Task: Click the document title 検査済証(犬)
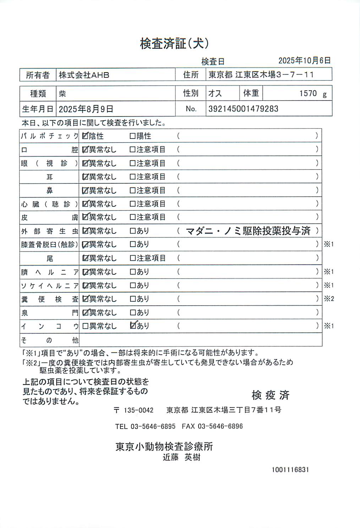[x=174, y=43]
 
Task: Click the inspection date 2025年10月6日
[x=304, y=60]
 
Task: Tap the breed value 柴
[x=62, y=94]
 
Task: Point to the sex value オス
[x=215, y=93]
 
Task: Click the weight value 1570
[x=308, y=93]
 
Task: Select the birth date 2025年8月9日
[x=86, y=109]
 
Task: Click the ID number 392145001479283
[x=243, y=109]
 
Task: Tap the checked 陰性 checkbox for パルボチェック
[x=85, y=136]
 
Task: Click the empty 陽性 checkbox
[x=132, y=136]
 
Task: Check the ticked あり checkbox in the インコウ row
[x=133, y=325]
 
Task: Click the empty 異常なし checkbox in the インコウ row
[x=85, y=326]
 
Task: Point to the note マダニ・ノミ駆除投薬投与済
[x=248, y=231]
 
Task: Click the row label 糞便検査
[x=49, y=299]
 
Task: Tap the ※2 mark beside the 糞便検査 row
[x=329, y=299]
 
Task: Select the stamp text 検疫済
[x=271, y=395]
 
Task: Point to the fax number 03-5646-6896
[x=220, y=426]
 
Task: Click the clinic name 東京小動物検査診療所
[x=164, y=446]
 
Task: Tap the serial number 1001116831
[x=290, y=469]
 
